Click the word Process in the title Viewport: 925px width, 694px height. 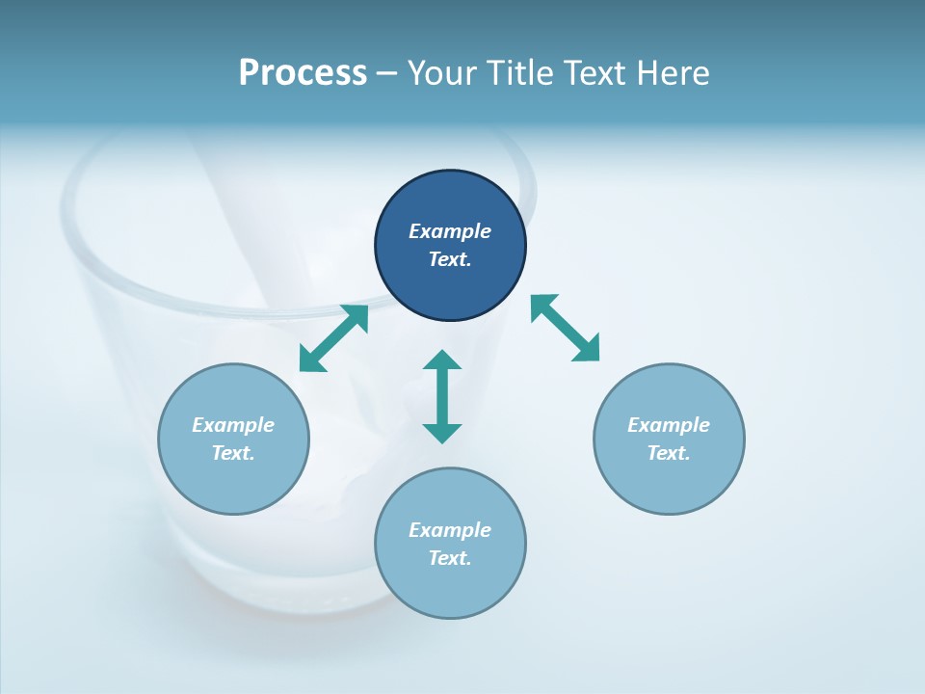coord(303,73)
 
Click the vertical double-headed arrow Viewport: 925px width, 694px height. coord(442,396)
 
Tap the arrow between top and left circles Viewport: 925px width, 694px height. coord(333,338)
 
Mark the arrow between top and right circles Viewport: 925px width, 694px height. coord(565,328)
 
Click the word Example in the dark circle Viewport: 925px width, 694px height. coord(450,231)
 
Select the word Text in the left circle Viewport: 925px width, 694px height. coord(233,453)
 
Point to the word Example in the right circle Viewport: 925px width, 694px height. coord(669,425)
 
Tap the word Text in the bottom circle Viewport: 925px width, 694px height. coord(450,558)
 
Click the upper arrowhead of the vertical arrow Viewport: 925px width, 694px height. coord(442,360)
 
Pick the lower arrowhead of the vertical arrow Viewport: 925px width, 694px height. coord(442,432)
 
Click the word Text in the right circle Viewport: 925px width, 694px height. coord(669,453)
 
